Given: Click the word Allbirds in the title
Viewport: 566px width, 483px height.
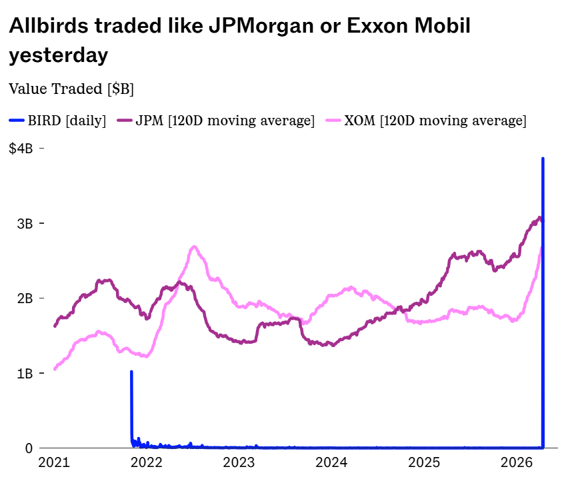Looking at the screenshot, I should tap(49, 27).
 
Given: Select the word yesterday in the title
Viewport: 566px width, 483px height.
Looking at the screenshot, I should tap(58, 55).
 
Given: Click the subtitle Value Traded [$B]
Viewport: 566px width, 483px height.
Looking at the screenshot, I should tap(71, 89).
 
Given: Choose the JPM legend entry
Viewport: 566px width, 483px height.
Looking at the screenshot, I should tap(215, 121).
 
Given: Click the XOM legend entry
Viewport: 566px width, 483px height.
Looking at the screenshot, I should tap(425, 121).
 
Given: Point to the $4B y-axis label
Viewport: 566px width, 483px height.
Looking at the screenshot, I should tap(21, 149).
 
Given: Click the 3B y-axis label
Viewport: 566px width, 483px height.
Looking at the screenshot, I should tap(25, 223).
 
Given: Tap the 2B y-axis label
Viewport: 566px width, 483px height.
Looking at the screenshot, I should tap(25, 298).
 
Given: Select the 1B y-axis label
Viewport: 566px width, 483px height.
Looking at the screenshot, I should tap(25, 373).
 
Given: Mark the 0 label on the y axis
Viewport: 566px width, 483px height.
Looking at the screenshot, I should tap(29, 448).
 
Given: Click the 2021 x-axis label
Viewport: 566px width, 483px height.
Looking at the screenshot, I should tap(53, 463).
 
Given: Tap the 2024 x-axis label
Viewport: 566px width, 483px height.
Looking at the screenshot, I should tap(331, 463).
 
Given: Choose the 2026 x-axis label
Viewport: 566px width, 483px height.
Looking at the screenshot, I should tap(517, 463).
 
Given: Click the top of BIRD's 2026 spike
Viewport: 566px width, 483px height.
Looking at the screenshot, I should tap(543, 159).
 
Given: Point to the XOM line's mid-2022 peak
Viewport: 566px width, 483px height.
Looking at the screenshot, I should tap(194, 247).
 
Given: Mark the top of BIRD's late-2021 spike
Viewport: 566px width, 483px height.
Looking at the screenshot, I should tap(131, 372).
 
